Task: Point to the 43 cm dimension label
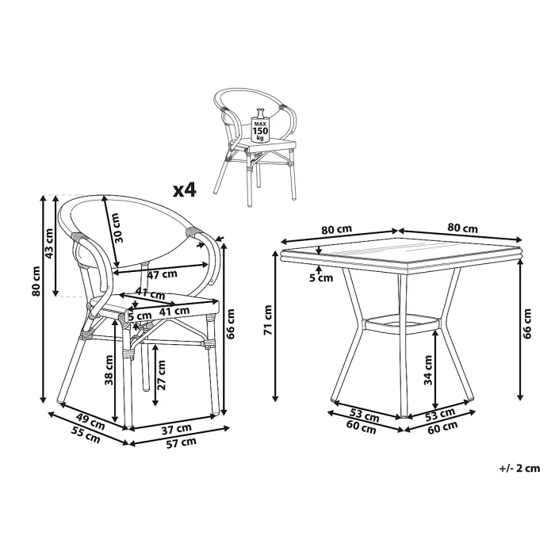[x=49, y=245]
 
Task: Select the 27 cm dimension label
[x=162, y=371]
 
